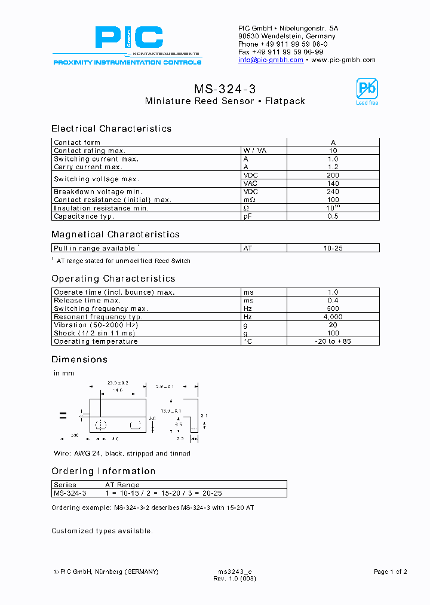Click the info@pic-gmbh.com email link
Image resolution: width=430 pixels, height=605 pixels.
(271, 60)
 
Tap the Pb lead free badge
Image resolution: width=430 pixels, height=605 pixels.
(367, 91)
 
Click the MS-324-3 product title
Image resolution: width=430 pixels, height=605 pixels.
(225, 89)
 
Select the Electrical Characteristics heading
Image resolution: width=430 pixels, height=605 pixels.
(111, 129)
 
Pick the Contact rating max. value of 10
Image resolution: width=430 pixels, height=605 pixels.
(333, 151)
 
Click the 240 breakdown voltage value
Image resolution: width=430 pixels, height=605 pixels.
(333, 192)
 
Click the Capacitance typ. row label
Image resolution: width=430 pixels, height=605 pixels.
(84, 216)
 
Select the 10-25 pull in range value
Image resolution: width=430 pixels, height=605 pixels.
(333, 248)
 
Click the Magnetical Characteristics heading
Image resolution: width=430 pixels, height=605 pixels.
(115, 234)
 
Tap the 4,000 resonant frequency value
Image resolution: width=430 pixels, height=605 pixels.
(333, 317)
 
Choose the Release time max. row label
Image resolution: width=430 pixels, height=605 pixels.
(87, 301)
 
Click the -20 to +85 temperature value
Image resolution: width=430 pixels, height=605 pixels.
(333, 341)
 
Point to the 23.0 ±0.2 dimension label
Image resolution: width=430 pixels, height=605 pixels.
(118, 383)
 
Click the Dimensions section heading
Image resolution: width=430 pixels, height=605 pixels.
(79, 359)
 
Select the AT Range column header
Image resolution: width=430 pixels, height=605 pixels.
(122, 485)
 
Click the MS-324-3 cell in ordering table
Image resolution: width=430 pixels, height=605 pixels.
(70, 493)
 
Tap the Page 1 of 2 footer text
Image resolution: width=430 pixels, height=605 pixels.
(390, 572)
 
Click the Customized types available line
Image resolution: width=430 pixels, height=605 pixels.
(102, 531)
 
